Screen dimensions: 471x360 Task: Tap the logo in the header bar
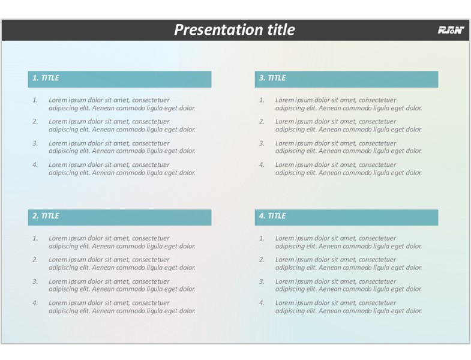tap(451, 30)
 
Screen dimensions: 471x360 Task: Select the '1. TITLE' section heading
tap(46, 78)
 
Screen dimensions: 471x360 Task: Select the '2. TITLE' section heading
tap(46, 216)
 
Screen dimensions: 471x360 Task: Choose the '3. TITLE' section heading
tap(272, 78)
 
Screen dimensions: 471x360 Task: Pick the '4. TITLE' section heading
tap(272, 216)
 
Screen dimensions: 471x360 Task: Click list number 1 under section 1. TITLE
tap(35, 100)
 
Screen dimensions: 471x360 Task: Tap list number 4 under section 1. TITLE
tap(35, 164)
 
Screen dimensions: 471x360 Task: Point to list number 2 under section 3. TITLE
tap(262, 121)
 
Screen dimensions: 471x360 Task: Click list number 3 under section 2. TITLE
tap(35, 281)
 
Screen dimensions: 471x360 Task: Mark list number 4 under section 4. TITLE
tap(262, 303)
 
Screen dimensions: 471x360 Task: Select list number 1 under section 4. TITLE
tap(262, 238)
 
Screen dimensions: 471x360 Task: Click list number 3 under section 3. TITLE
tap(262, 143)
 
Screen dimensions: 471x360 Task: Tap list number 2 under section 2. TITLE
tap(35, 260)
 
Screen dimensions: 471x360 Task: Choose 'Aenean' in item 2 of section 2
tap(103, 268)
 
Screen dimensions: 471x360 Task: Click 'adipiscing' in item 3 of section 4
tap(290, 289)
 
